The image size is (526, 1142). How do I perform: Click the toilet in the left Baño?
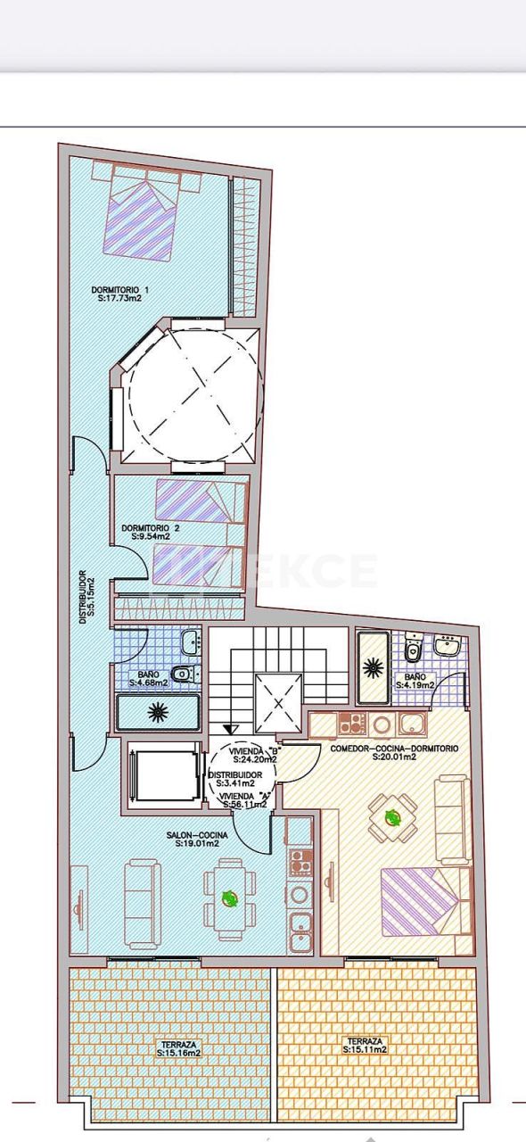click(x=182, y=674)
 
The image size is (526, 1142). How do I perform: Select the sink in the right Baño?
click(x=447, y=643)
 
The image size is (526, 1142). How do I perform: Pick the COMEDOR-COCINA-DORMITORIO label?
click(x=394, y=749)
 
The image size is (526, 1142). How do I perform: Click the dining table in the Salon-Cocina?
click(x=229, y=898)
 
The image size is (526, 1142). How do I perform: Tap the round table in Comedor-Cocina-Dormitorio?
click(x=391, y=816)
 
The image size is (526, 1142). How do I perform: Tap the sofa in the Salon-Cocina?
click(x=142, y=903)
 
